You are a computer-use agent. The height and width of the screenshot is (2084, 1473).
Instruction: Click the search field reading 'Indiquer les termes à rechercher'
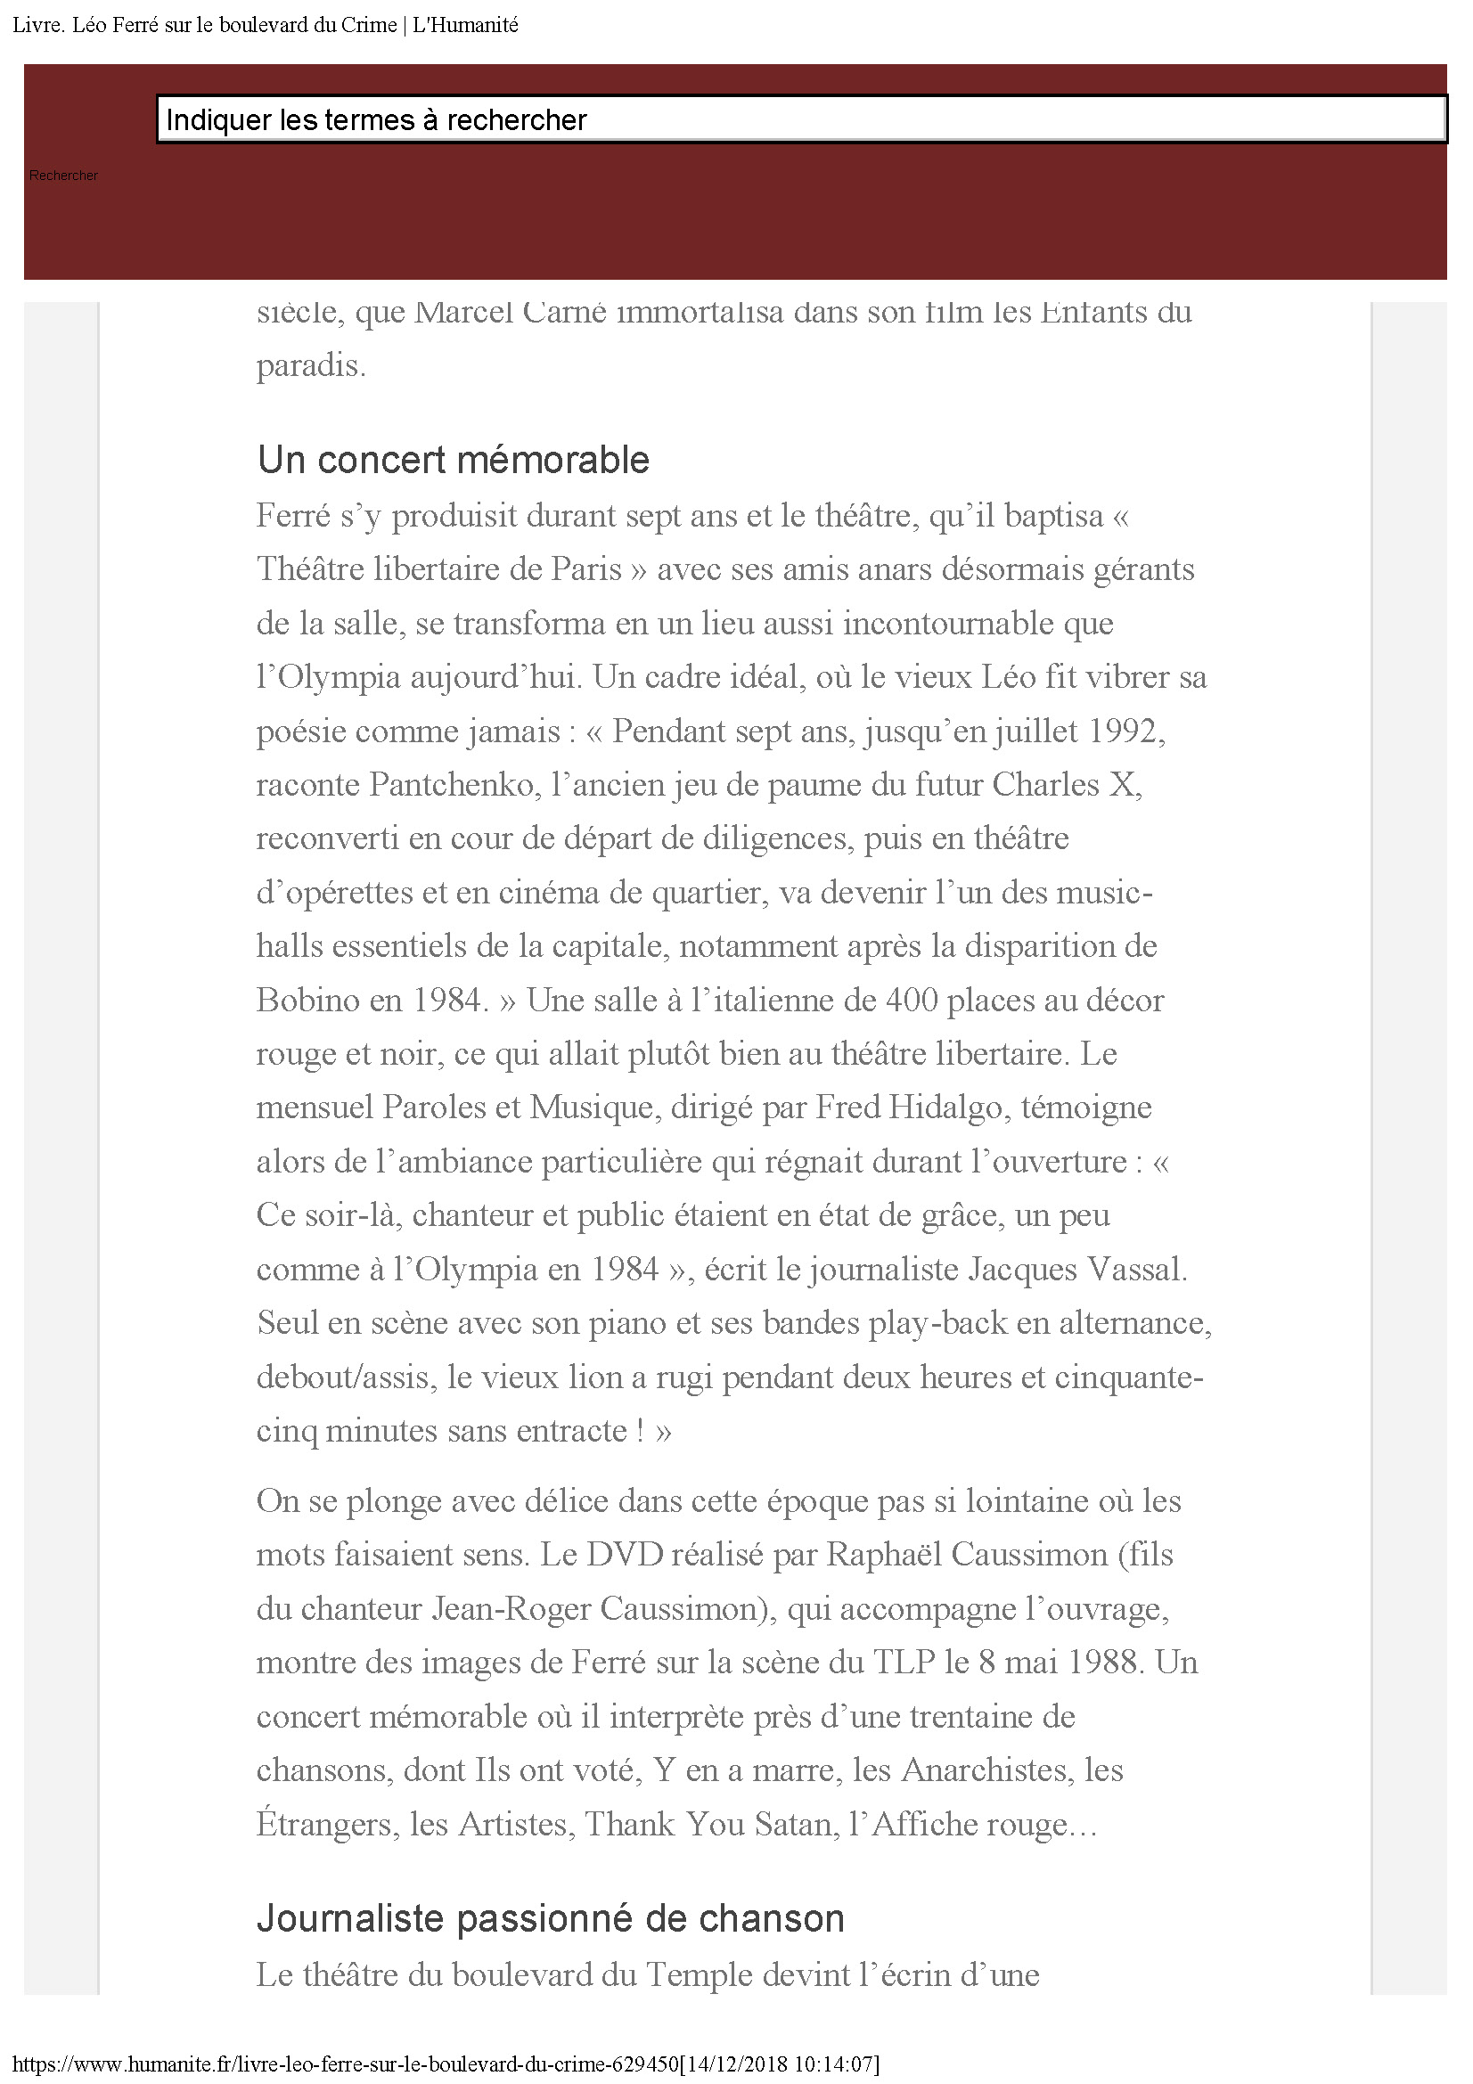801,119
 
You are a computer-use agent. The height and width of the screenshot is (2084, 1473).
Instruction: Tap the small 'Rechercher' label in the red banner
63,176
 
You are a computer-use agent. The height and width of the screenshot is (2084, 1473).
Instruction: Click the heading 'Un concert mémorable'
453,460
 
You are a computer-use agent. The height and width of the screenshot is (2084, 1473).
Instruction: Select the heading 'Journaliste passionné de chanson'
550,1918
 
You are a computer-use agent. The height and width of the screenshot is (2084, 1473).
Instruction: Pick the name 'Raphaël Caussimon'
967,1555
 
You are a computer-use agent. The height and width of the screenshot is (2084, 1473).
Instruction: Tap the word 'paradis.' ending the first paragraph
310,366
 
